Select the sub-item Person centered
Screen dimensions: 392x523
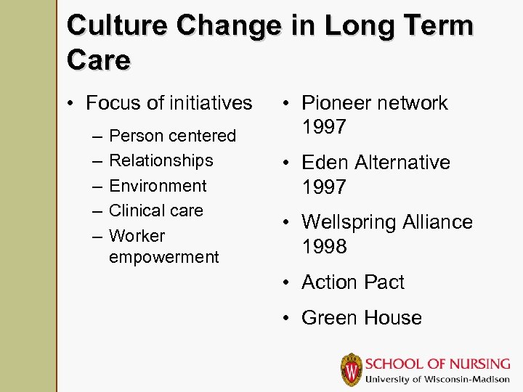(x=172, y=136)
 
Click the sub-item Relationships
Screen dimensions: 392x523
(x=161, y=160)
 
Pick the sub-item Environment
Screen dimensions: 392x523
(x=158, y=186)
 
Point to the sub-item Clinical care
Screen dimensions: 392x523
(x=155, y=211)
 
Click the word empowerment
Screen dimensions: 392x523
(x=163, y=257)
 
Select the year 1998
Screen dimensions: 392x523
(x=325, y=247)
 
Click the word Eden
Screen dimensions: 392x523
(x=325, y=163)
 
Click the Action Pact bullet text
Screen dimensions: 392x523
(x=352, y=282)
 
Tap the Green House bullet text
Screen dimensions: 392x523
(x=361, y=318)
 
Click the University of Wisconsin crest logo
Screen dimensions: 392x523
(x=351, y=369)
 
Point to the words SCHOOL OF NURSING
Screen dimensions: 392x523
(x=437, y=363)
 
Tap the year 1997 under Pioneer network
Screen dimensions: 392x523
(x=325, y=128)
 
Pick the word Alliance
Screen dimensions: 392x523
(x=440, y=222)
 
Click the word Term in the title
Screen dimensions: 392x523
(x=439, y=26)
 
